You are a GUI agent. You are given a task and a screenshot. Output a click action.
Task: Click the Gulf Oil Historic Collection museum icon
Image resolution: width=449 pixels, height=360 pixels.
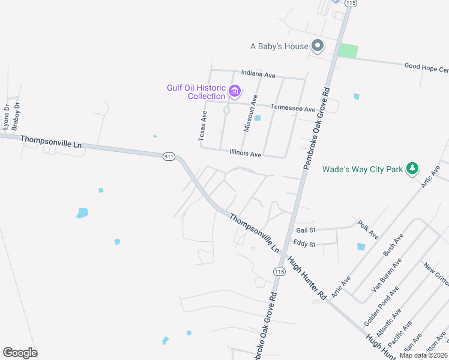[234, 92]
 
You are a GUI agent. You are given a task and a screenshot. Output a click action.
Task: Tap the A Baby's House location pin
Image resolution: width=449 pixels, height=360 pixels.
[318, 46]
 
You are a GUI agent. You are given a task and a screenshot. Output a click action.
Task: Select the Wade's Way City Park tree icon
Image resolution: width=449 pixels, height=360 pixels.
[412, 169]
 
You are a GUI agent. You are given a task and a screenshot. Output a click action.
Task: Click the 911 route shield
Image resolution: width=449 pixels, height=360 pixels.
[168, 157]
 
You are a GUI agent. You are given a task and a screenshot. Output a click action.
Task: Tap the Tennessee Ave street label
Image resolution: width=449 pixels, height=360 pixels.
[292, 109]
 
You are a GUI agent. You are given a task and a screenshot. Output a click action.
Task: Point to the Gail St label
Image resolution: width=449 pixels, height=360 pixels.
[306, 230]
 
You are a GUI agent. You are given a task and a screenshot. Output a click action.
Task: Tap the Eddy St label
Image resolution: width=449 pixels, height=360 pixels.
[306, 243]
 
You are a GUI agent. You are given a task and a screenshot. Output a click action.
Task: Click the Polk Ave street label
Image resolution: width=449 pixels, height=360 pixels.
[367, 230]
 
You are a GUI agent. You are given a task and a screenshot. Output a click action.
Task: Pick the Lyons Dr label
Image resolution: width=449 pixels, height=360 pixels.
[7, 116]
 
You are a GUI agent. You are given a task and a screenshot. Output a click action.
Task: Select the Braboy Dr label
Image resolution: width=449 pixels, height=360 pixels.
[17, 116]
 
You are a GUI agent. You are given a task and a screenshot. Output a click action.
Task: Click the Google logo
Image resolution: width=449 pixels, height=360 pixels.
[20, 353]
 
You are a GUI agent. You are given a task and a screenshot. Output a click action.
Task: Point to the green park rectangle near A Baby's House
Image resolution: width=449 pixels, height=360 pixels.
[348, 50]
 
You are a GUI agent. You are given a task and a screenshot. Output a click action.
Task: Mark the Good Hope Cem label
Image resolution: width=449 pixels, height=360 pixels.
[426, 68]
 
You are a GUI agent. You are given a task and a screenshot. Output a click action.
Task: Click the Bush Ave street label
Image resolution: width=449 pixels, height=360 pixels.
[393, 244]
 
